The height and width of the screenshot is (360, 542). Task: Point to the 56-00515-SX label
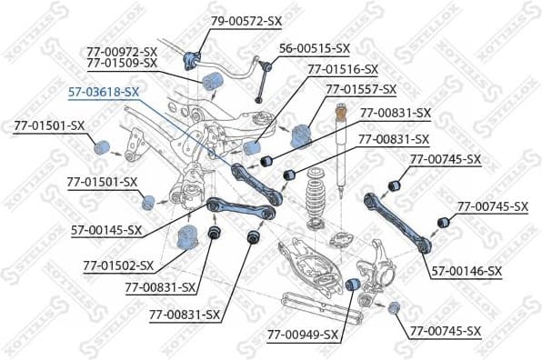(x=314, y=47)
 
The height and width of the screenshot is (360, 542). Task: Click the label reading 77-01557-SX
(x=361, y=89)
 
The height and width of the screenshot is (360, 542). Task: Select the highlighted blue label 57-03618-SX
(x=105, y=92)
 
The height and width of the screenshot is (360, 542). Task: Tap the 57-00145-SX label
(x=107, y=230)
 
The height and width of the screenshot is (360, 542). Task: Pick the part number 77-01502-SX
(x=119, y=266)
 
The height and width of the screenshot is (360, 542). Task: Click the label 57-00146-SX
(x=467, y=271)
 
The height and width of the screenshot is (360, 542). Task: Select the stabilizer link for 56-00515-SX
(x=261, y=77)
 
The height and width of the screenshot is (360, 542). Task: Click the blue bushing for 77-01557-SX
(x=301, y=135)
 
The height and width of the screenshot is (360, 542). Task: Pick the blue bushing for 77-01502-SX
(x=187, y=238)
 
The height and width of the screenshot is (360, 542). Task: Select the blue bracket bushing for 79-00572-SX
(x=192, y=61)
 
